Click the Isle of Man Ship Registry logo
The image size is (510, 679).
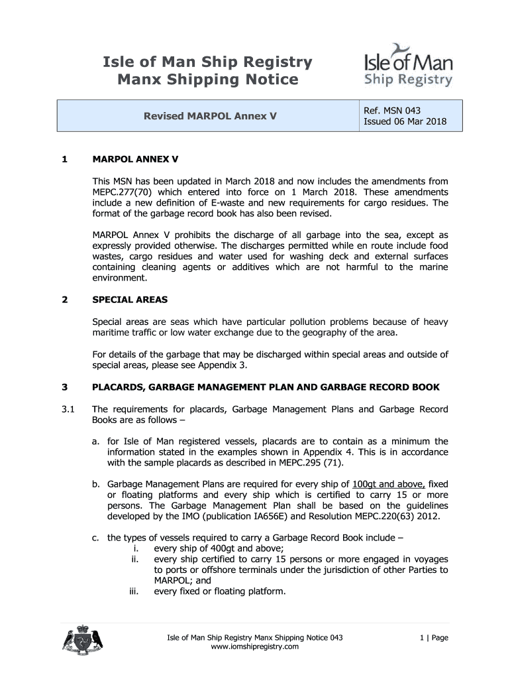409,66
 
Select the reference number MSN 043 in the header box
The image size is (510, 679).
392,110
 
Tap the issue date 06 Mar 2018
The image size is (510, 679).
405,121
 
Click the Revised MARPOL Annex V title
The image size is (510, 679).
210,116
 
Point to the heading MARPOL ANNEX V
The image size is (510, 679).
135,160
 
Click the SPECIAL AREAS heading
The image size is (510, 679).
130,299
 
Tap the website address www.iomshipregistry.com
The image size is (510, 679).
254,647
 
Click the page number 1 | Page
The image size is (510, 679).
434,637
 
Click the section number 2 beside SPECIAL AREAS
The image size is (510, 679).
64,299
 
